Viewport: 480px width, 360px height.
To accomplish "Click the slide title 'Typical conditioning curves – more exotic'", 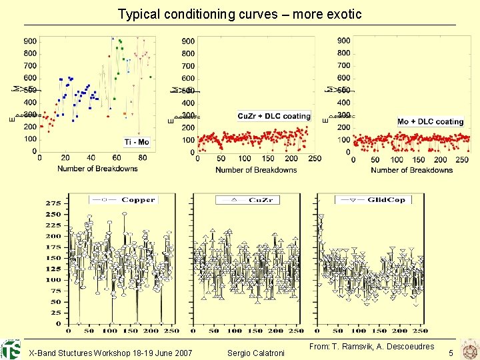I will click(239, 14).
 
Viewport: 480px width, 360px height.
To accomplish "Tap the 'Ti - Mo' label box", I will click(137, 142).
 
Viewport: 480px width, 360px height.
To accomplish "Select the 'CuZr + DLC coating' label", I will click(274, 116).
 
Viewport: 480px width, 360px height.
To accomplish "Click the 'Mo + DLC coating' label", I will click(430, 121).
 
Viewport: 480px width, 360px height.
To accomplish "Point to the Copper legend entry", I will click(124, 199).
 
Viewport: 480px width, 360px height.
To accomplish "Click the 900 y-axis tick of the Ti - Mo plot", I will click(31, 41).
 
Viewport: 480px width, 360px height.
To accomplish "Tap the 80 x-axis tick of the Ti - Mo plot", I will click(143, 158).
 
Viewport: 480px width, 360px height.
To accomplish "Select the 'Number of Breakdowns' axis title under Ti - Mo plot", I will click(97, 169).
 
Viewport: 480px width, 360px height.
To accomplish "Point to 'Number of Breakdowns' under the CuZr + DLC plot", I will click(256, 170).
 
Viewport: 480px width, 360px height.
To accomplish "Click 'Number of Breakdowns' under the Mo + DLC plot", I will click(411, 170).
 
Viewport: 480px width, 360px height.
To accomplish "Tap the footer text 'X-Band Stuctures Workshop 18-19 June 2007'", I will click(111, 352).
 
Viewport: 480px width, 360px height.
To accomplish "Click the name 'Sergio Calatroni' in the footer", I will click(256, 352).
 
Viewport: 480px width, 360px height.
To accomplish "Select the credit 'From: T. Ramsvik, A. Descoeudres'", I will click(372, 346).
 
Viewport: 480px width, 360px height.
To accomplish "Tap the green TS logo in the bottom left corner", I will click(11, 349).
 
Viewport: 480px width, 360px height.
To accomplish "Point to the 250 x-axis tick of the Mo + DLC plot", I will click(461, 160).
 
